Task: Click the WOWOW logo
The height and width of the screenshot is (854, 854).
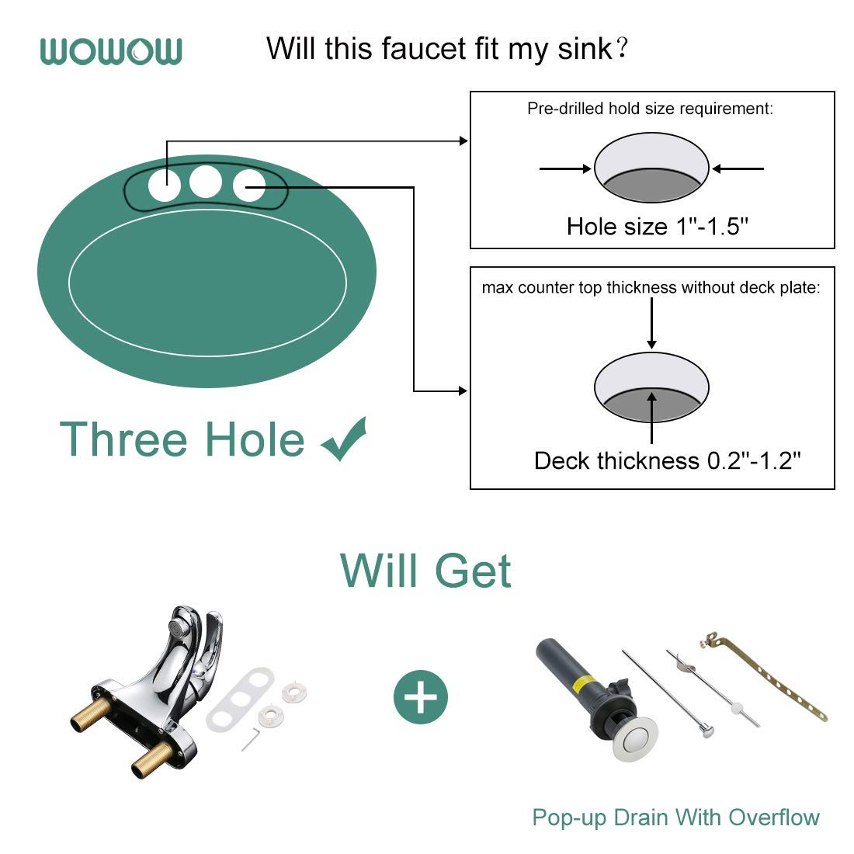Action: click(x=111, y=51)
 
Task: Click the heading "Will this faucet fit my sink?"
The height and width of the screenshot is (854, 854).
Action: click(x=446, y=49)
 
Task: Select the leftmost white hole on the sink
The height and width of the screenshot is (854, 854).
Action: click(x=165, y=186)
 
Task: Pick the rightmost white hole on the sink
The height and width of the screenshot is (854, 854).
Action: click(x=249, y=185)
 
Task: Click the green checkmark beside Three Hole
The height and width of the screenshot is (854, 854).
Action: click(x=344, y=439)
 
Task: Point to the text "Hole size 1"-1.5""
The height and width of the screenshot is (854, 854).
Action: click(x=657, y=226)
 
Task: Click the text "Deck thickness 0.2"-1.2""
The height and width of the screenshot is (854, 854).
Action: click(x=667, y=460)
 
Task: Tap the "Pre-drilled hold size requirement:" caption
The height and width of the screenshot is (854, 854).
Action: click(x=650, y=109)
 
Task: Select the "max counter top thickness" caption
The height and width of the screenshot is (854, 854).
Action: click(x=651, y=288)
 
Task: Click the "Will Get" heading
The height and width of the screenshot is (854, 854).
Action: click(x=425, y=571)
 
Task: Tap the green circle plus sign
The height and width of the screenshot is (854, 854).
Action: click(x=421, y=697)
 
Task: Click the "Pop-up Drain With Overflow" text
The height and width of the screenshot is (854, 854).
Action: click(x=675, y=818)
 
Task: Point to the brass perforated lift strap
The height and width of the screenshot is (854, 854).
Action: click(x=769, y=675)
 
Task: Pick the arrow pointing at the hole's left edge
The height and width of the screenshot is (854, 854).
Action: click(x=564, y=168)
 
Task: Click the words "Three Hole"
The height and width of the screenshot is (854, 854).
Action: click(x=182, y=439)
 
